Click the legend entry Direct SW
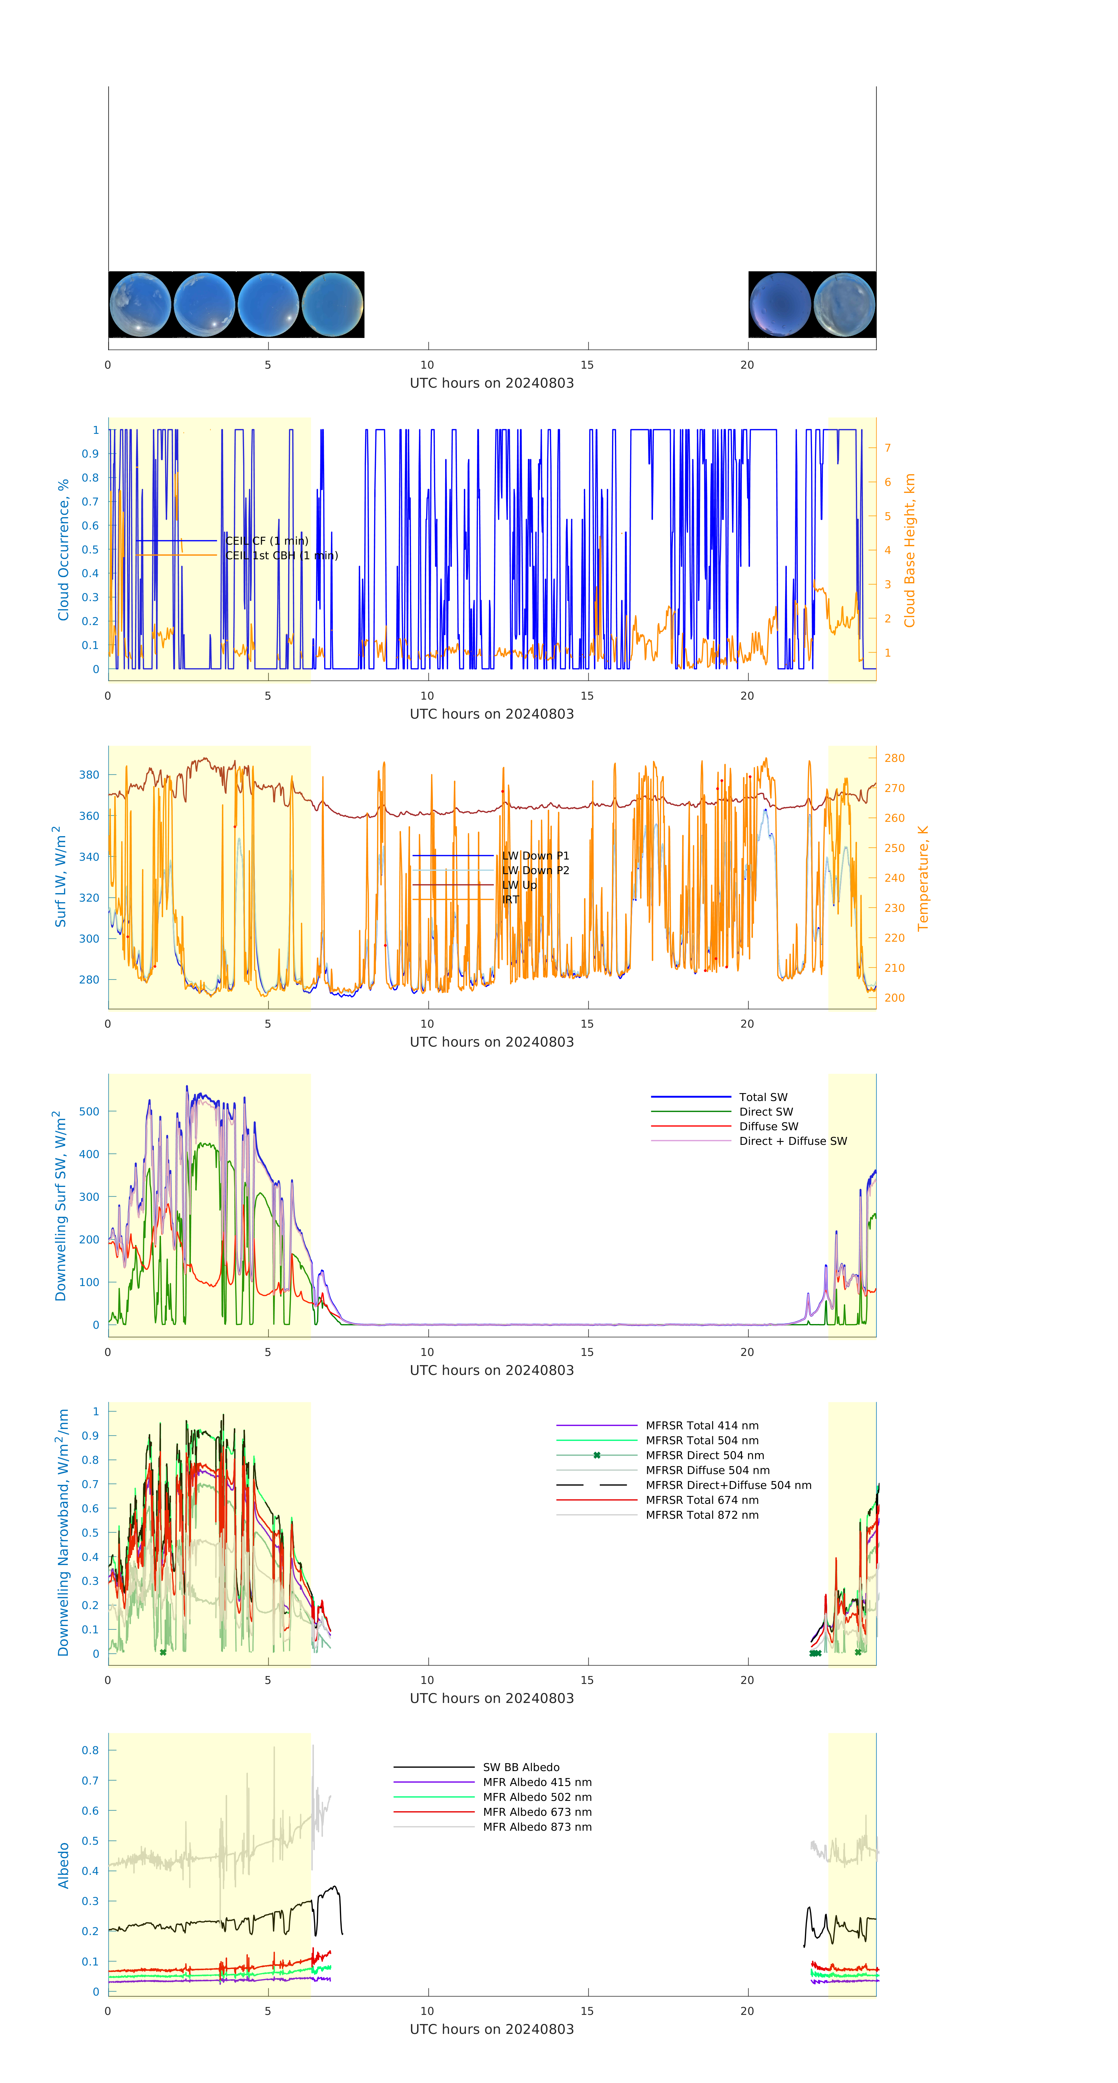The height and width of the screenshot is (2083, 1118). pos(766,1112)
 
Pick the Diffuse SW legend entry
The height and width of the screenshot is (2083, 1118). pos(768,1126)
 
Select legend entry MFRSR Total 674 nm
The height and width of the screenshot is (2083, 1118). pos(702,1500)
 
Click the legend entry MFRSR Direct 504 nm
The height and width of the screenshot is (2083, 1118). pos(704,1456)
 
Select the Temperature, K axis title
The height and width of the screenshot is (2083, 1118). pos(922,878)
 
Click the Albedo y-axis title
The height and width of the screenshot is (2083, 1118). pos(64,1865)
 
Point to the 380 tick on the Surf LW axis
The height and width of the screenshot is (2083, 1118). pos(89,775)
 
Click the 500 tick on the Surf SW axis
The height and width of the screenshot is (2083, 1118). pos(89,1112)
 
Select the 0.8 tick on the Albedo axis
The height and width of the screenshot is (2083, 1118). pos(90,1750)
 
